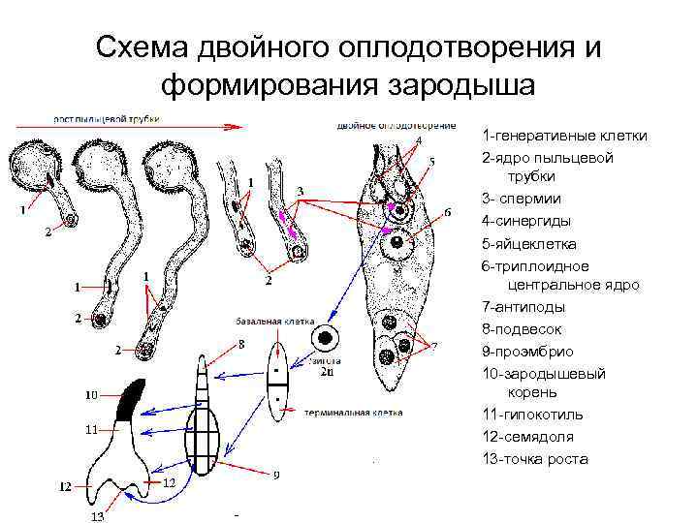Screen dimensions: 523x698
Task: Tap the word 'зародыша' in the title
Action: pos(460,85)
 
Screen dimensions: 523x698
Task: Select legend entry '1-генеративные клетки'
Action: pos(564,137)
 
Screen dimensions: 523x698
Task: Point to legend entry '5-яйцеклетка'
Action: pos(528,243)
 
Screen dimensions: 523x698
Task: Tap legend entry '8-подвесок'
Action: pos(523,329)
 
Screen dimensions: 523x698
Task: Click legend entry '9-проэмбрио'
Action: pos(527,351)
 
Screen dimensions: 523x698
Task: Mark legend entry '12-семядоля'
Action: pos(528,437)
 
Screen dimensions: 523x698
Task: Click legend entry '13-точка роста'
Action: pos(534,459)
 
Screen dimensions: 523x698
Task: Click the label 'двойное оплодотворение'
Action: pos(397,125)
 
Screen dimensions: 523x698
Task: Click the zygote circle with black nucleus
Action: pos(325,340)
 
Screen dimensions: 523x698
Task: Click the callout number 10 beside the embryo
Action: pos(91,394)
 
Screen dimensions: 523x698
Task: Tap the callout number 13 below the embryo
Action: pos(98,516)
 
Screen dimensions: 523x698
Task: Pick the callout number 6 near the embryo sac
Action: pos(447,212)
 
